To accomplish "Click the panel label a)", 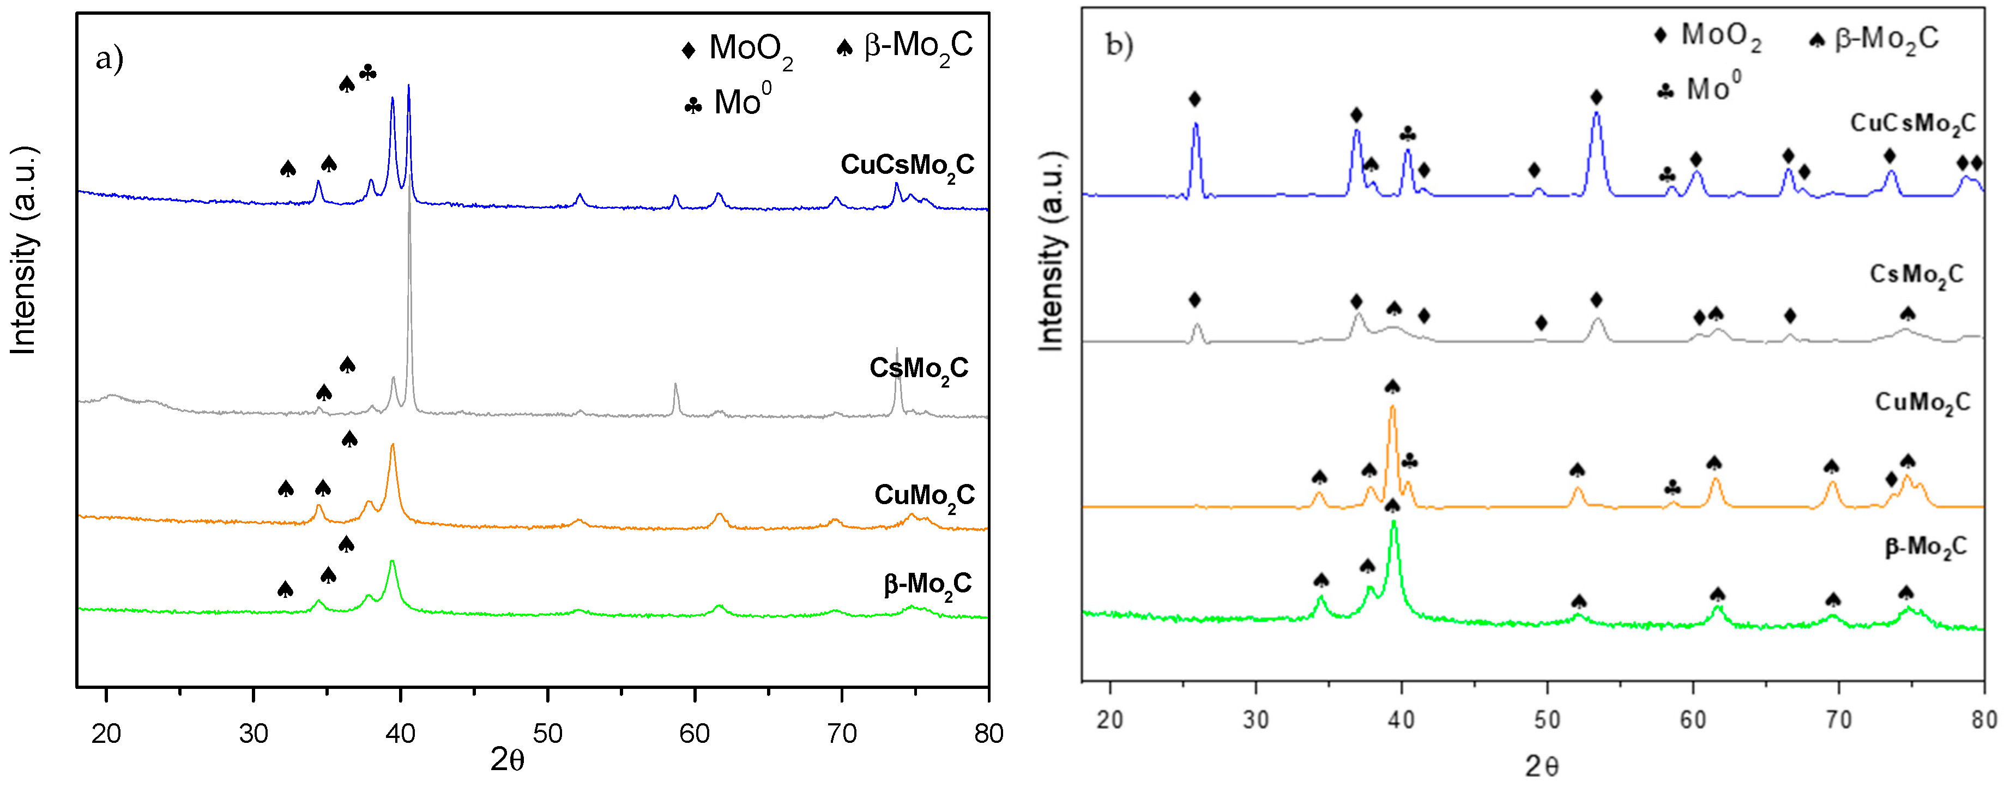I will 109,58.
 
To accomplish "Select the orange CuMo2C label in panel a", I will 924,496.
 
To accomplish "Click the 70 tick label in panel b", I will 1838,720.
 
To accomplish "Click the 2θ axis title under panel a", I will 507,760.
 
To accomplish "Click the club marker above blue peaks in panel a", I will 368,73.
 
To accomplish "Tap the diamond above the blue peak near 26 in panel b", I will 1195,99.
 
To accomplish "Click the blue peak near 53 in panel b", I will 1596,114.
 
